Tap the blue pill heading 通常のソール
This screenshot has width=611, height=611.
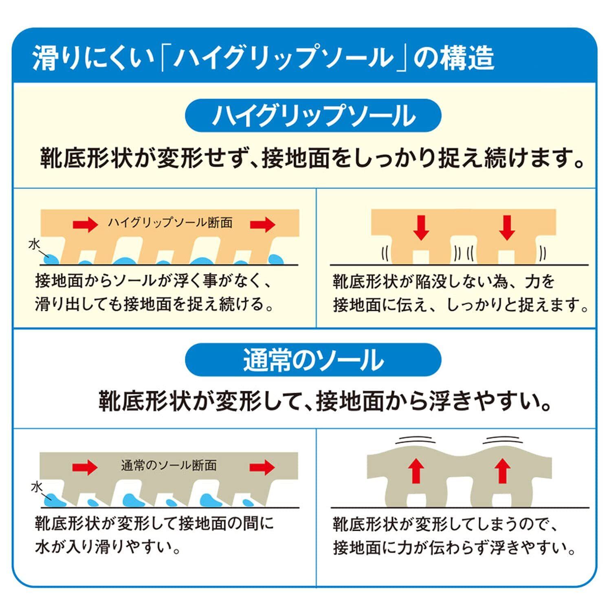(313, 360)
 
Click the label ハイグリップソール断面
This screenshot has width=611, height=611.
(170, 223)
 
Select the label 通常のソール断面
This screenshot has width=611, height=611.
(169, 465)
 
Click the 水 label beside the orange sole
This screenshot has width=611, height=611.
(35, 244)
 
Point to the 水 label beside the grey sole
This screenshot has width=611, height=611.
(37, 487)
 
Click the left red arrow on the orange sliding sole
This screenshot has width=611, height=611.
(86, 224)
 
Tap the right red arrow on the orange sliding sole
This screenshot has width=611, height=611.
(263, 224)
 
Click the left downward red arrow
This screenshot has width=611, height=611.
(421, 227)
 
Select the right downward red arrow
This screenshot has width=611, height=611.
(507, 227)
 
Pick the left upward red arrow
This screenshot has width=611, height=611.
(416, 470)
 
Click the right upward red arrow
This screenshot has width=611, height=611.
(503, 470)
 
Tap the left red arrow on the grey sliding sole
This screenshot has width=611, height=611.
(86, 467)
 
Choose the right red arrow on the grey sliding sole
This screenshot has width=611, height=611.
(263, 467)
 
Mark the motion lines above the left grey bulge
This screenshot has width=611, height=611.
(415, 441)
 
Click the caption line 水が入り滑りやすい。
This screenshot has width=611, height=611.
(108, 547)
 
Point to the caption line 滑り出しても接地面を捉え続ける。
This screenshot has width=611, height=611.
(154, 304)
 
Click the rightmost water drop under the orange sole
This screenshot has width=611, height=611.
(276, 259)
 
